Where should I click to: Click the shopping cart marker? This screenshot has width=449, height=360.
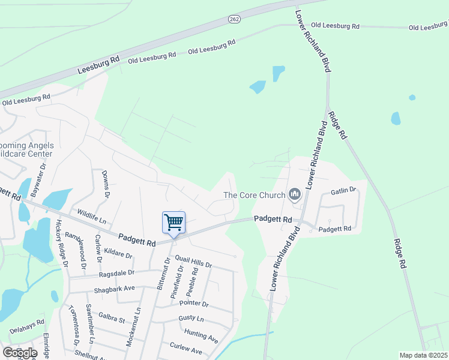[x=173, y=223]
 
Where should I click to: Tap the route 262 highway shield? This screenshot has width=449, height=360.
[x=234, y=20]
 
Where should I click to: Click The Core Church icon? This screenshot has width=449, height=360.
[x=294, y=194]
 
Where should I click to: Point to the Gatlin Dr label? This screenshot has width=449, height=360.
[x=343, y=191]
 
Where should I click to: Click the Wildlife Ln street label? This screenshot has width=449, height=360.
[x=92, y=214]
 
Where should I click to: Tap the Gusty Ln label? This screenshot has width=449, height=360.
[x=191, y=318]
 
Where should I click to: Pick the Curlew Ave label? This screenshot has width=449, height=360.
[x=185, y=350]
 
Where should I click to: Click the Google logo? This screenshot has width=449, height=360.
[x=20, y=353]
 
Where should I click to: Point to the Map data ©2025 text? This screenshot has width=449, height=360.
[x=424, y=355]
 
